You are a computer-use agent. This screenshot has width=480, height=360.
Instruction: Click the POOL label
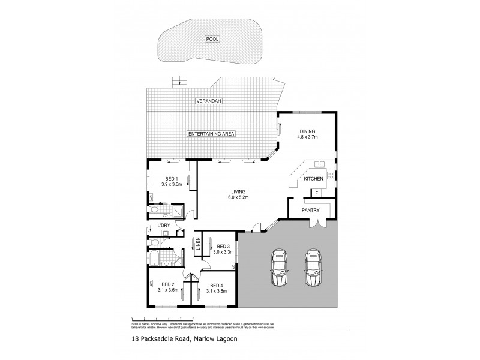[x=212, y=39]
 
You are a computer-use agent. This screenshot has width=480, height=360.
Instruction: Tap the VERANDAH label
[x=206, y=103]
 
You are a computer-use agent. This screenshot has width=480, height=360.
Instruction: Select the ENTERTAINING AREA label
[x=211, y=134]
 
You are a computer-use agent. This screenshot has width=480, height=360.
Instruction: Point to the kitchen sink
[x=319, y=164]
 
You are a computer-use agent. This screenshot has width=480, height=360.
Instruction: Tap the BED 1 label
[x=172, y=178]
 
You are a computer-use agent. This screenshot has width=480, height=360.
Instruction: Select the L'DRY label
[x=164, y=226]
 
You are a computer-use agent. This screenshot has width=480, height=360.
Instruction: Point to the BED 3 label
[x=224, y=247]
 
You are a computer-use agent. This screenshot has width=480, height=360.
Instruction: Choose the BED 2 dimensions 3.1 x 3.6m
[x=168, y=290]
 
